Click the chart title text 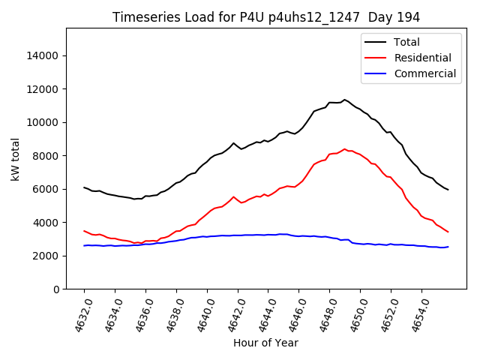tap(266, 17)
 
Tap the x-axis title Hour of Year tap(265, 343)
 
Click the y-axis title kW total tap(15, 158)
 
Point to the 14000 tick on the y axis tap(43, 55)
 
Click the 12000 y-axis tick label tap(43, 89)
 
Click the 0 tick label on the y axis tap(56, 289)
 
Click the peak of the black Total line tap(344, 100)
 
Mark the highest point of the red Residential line tap(344, 149)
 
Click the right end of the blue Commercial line tap(448, 247)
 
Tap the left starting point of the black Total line tap(84, 187)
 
